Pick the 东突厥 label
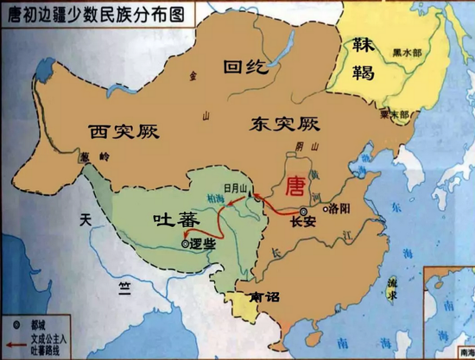[x=279, y=124]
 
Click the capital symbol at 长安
[x=303, y=211]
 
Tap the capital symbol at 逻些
[x=187, y=244]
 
